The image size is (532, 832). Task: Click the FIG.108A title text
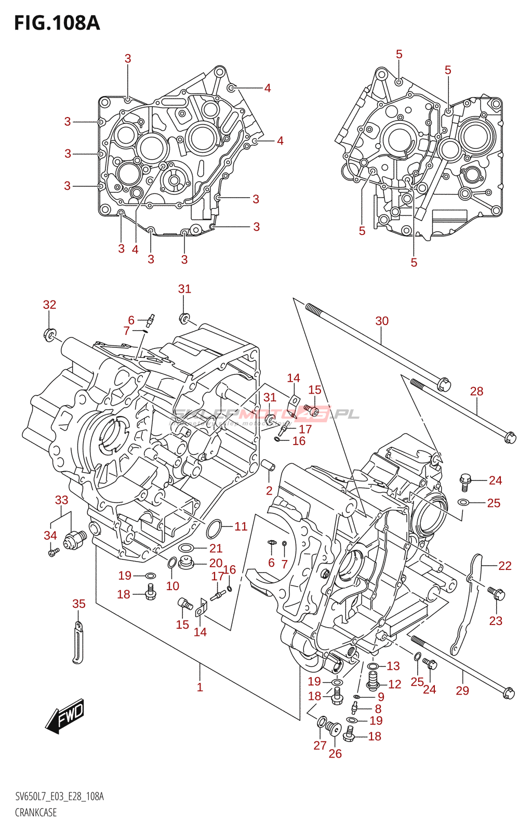tap(57, 23)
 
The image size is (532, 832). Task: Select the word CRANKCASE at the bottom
tap(36, 812)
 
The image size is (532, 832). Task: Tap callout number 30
tap(382, 321)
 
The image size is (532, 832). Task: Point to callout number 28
tap(476, 391)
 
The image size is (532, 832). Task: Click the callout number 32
tap(49, 305)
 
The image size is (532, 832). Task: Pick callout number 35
tap(79, 604)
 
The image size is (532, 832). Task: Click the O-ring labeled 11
tap(214, 529)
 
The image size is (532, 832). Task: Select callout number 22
tap(504, 565)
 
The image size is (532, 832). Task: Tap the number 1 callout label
tap(200, 687)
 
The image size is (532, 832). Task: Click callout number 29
tap(462, 691)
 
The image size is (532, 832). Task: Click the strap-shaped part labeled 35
tap(78, 644)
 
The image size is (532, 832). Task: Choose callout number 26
tap(335, 753)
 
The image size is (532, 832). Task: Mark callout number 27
tap(320, 745)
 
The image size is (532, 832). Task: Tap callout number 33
tap(61, 500)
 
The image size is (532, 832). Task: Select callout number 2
tap(269, 490)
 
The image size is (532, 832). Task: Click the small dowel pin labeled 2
tap(269, 465)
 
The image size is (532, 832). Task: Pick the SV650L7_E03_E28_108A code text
tap(59, 797)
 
